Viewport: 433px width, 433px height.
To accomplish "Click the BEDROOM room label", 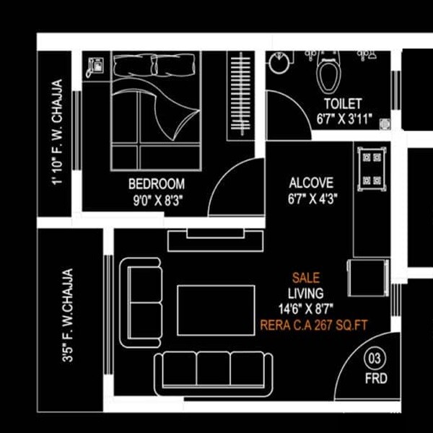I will (x=156, y=184).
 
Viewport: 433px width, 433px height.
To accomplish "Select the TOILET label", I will (x=343, y=105).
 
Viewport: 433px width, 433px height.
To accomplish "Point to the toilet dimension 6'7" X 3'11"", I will (x=343, y=119).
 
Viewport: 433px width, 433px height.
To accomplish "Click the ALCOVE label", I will (x=311, y=182).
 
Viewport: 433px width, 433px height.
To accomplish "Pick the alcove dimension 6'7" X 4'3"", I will (x=311, y=196).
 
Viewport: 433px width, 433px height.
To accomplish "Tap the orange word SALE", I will (x=306, y=277).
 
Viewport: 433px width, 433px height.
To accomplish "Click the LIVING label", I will (x=306, y=293).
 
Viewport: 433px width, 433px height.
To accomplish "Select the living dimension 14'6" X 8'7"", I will (x=305, y=309).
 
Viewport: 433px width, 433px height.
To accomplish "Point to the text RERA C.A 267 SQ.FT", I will (x=314, y=325).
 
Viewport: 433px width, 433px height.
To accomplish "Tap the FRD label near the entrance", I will (x=376, y=377).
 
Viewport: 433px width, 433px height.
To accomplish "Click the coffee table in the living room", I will (x=216, y=310).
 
